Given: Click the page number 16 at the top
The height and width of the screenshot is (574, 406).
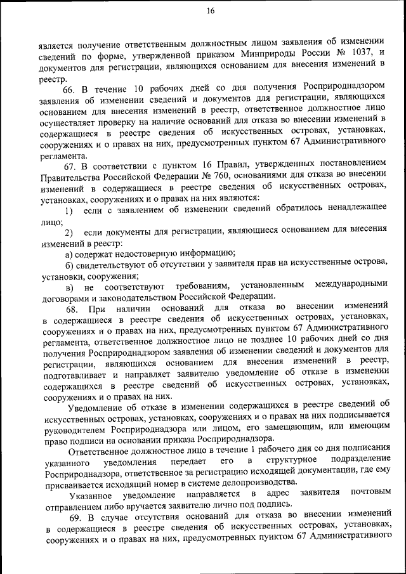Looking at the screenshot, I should point(211,10).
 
